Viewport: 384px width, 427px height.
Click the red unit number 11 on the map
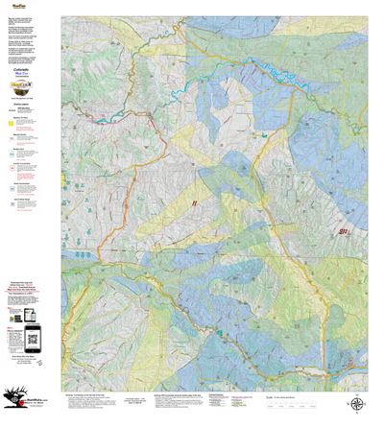pyautogui.click(x=194, y=202)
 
